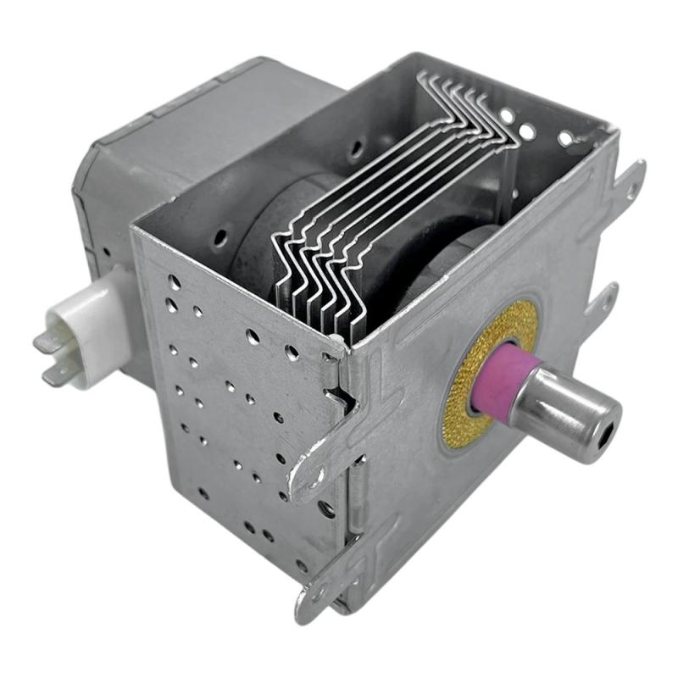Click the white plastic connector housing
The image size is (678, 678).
coord(85,326)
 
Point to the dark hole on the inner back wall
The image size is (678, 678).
coord(357,149)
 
